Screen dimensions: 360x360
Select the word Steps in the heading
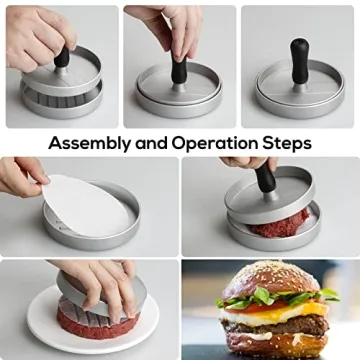(287, 143)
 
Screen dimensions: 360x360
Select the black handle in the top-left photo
(62, 55)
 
